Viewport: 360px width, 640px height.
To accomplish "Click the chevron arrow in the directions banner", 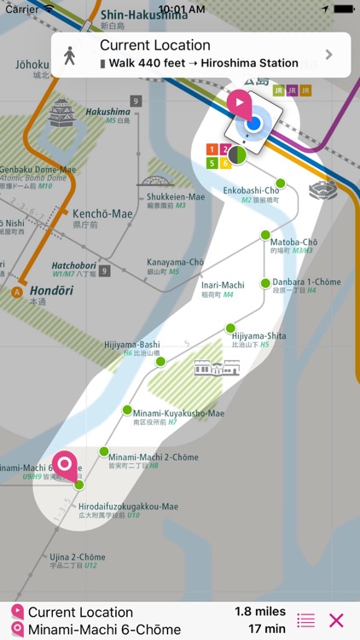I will (x=329, y=55).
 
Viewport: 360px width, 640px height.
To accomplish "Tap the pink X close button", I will (x=336, y=620).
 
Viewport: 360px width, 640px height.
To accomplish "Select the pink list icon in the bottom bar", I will (x=306, y=620).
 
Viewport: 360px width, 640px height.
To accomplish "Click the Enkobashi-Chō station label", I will (x=251, y=190).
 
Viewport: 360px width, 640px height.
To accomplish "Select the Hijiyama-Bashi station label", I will (x=131, y=345).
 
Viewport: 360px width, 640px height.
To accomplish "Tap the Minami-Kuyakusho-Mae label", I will (x=178, y=414).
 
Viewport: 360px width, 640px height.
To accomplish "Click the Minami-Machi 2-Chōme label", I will (x=153, y=457).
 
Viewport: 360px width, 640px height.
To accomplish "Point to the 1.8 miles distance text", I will (x=259, y=612).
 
